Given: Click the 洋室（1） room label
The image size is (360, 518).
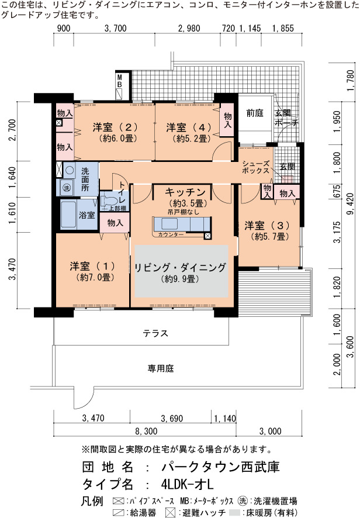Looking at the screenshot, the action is tap(92, 266).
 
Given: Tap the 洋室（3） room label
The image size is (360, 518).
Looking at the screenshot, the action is tap(267, 226).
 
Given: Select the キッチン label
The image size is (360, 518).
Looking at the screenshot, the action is tap(185, 192).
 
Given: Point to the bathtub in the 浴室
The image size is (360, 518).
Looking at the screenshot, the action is tap(69, 215).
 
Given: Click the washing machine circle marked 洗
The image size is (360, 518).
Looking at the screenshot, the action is tap(67, 188).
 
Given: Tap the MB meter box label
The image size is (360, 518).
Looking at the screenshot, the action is tap(119, 81).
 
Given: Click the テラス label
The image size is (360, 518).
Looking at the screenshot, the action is tap(155, 333).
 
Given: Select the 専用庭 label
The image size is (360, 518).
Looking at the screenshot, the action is tap(161, 368).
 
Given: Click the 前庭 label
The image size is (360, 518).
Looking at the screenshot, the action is tap(255, 113).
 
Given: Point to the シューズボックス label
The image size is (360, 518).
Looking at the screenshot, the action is tap(255, 167).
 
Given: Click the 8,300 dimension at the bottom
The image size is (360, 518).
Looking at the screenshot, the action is tap(146, 431).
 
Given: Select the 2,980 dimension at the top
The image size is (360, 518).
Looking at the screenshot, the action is tap(189, 29).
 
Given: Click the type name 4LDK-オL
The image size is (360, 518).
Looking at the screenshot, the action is tap(187, 484).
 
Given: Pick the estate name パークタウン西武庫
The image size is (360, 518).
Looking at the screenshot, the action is tap(220, 467).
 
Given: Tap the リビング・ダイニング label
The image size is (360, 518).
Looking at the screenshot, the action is tap(181, 267).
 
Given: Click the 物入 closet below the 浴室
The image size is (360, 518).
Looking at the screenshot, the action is tap(115, 223).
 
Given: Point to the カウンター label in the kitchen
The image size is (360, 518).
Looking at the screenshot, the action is tap(171, 234).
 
